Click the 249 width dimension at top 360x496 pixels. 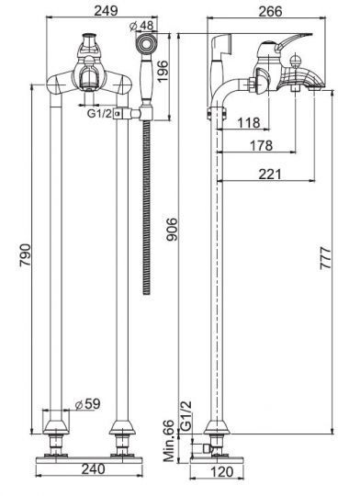(x=89, y=11)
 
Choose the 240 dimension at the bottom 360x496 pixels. (x=88, y=468)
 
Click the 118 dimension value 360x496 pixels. (x=246, y=121)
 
